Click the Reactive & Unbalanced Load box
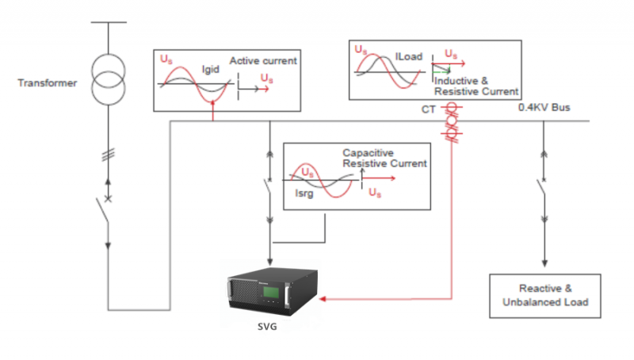click(x=544, y=295)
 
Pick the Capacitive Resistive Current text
click(x=384, y=158)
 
